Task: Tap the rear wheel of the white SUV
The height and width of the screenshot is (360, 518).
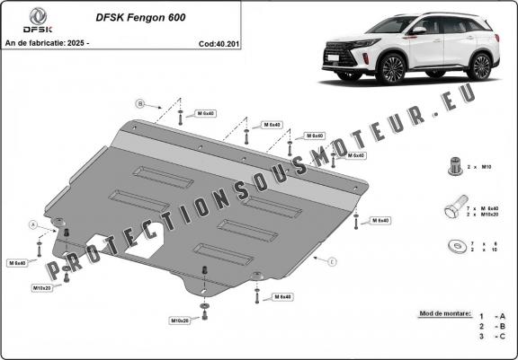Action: (x=481, y=65)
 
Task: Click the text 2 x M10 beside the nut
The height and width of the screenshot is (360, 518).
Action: (x=486, y=168)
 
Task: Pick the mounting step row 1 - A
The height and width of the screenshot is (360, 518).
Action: (x=492, y=316)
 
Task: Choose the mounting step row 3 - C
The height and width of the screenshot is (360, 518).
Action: (x=492, y=338)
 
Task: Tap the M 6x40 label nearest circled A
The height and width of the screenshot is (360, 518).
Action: (x=18, y=263)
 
